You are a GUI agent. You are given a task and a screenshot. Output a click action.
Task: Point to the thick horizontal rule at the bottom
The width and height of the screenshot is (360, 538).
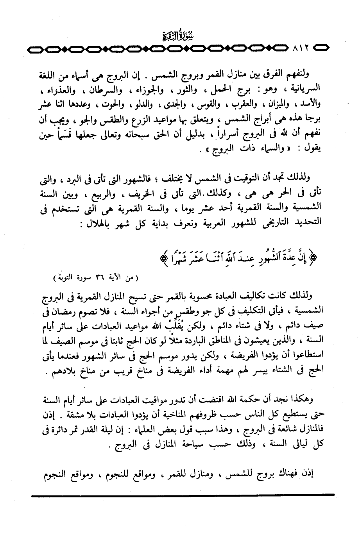click(x=183, y=494)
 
